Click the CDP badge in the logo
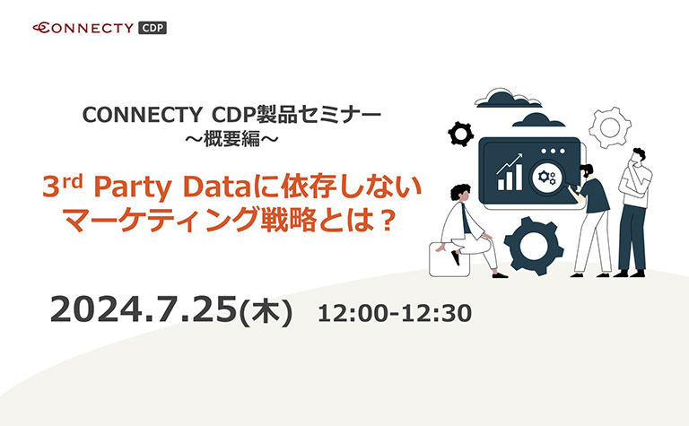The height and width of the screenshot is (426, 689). (153, 28)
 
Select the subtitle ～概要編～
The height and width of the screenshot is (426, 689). (231, 139)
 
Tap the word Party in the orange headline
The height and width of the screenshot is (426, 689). (132, 188)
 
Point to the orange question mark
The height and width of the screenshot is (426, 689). (387, 222)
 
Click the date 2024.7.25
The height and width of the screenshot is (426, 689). (144, 309)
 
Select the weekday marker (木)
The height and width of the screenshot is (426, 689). (266, 312)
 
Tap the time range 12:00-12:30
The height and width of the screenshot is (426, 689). (395, 314)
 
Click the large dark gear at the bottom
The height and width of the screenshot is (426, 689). (533, 246)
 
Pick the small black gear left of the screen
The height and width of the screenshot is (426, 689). (460, 134)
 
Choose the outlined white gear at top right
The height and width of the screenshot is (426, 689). (610, 127)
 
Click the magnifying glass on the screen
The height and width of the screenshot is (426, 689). (547, 178)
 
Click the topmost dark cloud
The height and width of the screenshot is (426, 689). (502, 99)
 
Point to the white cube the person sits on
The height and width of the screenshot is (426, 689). (449, 259)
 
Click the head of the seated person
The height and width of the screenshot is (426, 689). (460, 194)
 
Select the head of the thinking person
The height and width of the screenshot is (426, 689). (638, 157)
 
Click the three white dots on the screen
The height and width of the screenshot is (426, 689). (554, 151)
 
